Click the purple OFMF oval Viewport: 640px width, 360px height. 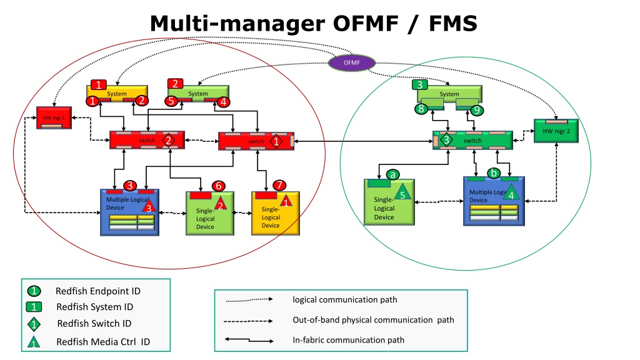pyautogui.click(x=352, y=62)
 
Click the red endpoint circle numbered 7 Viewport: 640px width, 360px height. pyautogui.click(x=279, y=185)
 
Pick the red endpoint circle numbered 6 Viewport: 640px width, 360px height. pyautogui.click(x=217, y=186)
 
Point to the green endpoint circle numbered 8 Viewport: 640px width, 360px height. pyautogui.click(x=422, y=109)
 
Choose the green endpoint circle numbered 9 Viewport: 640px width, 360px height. pyautogui.click(x=477, y=111)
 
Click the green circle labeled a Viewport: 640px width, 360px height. pyautogui.click(x=392, y=174)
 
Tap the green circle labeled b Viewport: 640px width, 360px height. pyautogui.click(x=494, y=172)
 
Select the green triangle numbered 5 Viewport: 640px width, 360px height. pyautogui.click(x=403, y=193)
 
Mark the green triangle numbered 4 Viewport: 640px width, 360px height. pyautogui.click(x=511, y=193)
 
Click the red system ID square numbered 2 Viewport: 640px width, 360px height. pyautogui.click(x=175, y=84)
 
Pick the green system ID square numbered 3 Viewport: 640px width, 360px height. pyautogui.click(x=420, y=84)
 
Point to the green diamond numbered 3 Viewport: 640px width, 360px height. pyautogui.click(x=446, y=140)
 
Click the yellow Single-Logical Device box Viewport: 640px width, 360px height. pyautogui.click(x=275, y=214)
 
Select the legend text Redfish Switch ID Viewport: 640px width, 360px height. pyautogui.click(x=94, y=324)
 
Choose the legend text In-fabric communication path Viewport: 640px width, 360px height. pyautogui.click(x=348, y=340)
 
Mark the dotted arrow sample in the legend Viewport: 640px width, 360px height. pyautogui.click(x=249, y=299)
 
